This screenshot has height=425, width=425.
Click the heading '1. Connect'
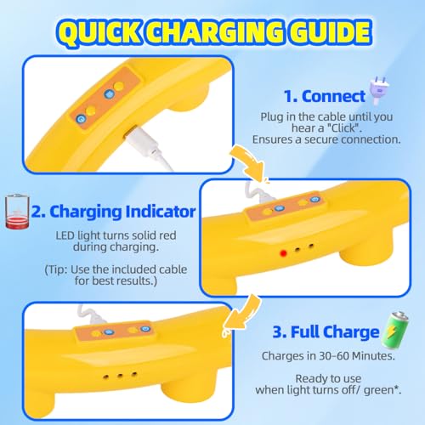click(325, 96)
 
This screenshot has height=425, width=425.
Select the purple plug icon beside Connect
click(379, 90)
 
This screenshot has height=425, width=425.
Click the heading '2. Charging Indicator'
click(113, 212)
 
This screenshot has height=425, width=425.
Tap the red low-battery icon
click(17, 212)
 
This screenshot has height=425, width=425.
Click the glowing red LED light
click(283, 253)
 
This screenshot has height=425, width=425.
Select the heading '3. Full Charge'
click(326, 331)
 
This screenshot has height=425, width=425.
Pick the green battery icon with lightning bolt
click(395, 331)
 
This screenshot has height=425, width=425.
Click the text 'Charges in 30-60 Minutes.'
click(328, 356)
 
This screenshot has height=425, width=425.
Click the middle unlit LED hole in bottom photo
click(120, 376)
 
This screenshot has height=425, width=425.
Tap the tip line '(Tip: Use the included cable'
click(116, 269)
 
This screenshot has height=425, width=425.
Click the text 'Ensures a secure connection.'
click(326, 139)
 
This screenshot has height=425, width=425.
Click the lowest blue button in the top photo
click(81, 119)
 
